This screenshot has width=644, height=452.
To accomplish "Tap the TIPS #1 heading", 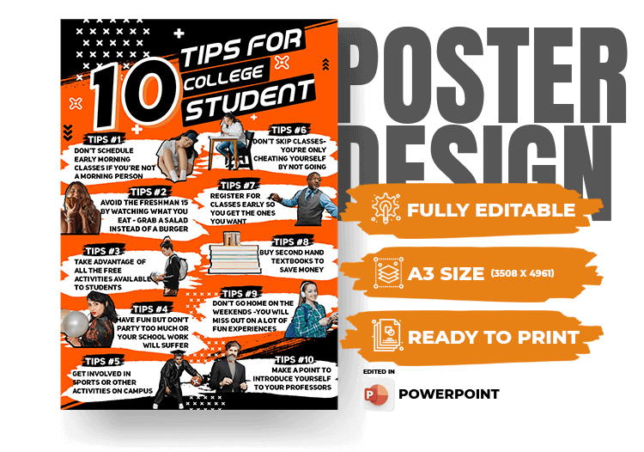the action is [104, 140].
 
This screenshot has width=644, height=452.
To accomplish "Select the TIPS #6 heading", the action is [289, 131].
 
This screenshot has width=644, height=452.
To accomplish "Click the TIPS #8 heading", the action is [291, 241].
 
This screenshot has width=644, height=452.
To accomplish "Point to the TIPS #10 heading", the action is [295, 360].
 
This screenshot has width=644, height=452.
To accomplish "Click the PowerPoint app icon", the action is [378, 394].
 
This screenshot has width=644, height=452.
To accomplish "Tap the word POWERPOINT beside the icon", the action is [449, 394].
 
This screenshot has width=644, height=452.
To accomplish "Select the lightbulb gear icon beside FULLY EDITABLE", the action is [386, 208].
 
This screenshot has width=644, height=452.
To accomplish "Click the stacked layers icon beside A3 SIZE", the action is [388, 273].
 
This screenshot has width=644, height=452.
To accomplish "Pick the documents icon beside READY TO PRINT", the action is [387, 335].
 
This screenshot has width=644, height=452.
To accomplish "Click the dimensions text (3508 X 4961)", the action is [522, 273].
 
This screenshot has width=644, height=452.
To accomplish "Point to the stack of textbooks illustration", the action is [234, 254].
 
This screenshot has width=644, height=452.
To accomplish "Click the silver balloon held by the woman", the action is [75, 323].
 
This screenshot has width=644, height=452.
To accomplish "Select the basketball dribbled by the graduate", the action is [197, 381].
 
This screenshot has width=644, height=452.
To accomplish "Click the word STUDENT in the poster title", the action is [249, 101].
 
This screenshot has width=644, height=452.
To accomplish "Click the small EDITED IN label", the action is [379, 371].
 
